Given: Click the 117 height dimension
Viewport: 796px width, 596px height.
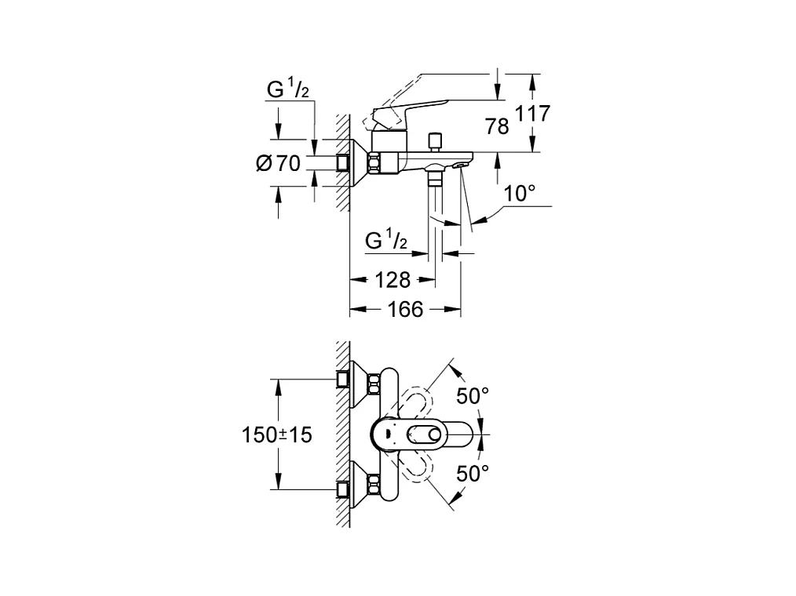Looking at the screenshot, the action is coord(533,114).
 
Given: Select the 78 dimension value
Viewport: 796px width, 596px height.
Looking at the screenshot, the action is coord(497,126).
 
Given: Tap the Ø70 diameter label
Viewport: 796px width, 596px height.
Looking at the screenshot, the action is coord(278,163).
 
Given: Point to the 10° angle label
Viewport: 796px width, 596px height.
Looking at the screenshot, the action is coord(520,194).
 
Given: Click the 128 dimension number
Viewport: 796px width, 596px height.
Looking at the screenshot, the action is coord(393,279).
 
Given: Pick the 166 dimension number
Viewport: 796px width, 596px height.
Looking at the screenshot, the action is coord(405,309).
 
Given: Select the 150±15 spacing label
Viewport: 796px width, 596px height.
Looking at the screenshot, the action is coord(276,434).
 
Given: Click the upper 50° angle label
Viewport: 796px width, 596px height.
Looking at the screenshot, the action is coord(472,396).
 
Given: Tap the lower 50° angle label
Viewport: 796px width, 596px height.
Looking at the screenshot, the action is coord(472,473).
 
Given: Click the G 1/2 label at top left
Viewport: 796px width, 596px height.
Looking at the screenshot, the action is coord(288,89).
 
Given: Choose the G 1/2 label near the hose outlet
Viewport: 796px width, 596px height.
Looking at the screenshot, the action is coord(386,240).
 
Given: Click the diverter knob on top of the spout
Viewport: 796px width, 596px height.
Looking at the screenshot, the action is coord(436,142).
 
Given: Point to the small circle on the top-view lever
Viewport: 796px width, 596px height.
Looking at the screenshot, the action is coord(435,434).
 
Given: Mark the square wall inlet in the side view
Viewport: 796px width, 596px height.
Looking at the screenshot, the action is coord(344,163).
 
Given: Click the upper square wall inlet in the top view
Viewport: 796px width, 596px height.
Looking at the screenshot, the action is coord(344,379).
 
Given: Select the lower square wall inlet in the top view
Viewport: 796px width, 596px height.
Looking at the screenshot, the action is coord(344,490).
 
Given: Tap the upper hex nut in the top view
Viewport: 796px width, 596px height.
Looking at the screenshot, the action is coord(374,383).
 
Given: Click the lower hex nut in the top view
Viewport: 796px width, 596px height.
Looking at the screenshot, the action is coord(374,485).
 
